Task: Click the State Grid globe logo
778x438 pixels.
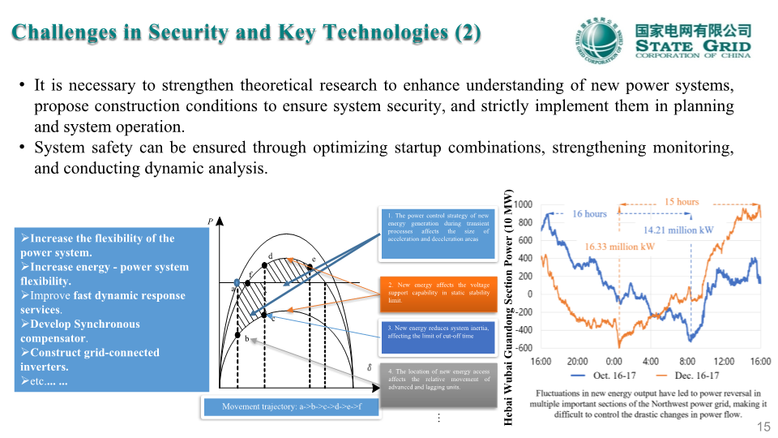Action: [x=600, y=40]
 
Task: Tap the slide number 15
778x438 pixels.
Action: [x=763, y=427]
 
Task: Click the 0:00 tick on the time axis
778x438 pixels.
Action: [x=614, y=361]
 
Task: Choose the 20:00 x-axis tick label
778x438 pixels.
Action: [x=577, y=361]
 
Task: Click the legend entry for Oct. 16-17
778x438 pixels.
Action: [x=601, y=376]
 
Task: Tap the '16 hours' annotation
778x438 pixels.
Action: [x=589, y=214]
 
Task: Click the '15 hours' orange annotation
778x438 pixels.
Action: [x=682, y=201]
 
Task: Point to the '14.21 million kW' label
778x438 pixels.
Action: [x=678, y=230]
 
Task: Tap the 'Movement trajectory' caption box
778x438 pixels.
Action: [x=289, y=406]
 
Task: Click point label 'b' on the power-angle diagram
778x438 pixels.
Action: [x=246, y=338]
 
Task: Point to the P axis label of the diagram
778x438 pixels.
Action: [x=211, y=221]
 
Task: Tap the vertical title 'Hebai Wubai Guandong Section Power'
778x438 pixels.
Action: [x=509, y=307]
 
